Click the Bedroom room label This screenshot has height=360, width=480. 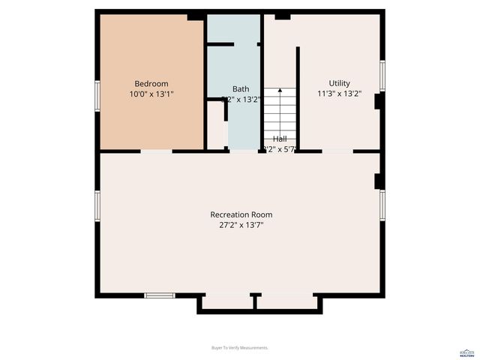[151, 83]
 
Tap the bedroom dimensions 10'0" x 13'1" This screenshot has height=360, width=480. [151, 94]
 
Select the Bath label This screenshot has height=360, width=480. [240, 88]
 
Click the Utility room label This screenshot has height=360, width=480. [339, 83]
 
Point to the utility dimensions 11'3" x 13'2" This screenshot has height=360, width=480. [339, 94]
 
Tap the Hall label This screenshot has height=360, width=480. [280, 139]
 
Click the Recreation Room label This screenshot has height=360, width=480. [241, 214]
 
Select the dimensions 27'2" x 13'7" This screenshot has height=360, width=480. [241, 225]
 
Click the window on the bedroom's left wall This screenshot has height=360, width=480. [97, 96]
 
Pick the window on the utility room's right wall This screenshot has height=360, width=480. [382, 75]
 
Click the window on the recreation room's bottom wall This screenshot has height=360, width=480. [159, 295]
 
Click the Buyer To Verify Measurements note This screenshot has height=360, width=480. [240, 348]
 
